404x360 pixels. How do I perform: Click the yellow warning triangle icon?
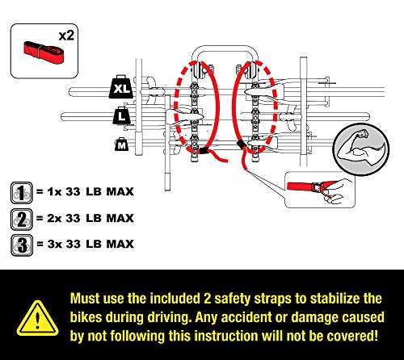click(37, 319)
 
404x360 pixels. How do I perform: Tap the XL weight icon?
click(121, 86)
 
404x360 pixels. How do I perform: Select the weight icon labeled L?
click(122, 115)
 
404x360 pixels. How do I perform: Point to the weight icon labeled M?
click(121, 144)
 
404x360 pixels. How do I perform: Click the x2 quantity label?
click(66, 36)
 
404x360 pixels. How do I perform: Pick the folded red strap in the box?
click(44, 52)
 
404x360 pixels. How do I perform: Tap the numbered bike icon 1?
click(22, 193)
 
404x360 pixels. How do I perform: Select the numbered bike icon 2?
click(22, 219)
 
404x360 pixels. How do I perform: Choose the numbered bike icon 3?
click(22, 245)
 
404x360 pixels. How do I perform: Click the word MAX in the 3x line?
click(120, 244)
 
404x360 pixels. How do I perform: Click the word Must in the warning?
click(85, 299)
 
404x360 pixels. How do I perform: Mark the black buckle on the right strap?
click(241, 144)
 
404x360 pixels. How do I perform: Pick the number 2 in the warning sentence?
click(207, 299)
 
